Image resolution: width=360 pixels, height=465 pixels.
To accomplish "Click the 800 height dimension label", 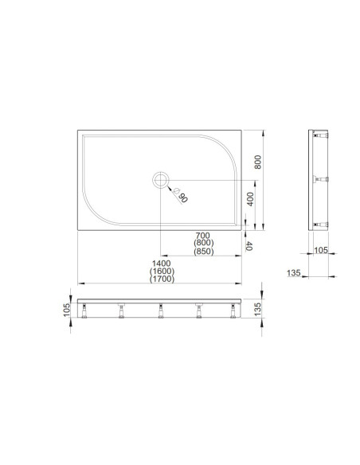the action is tap(258, 162).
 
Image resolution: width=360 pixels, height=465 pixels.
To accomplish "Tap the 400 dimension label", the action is tap(250, 199).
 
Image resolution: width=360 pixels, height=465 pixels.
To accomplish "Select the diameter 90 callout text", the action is tap(181, 194).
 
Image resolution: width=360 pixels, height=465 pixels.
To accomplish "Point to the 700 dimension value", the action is tap(203, 236).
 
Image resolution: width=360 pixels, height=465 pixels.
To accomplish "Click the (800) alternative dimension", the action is tap(203, 243).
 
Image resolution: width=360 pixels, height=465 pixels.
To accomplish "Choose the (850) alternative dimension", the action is tap(203, 252).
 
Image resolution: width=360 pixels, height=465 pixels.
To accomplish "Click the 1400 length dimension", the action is tap(162, 264).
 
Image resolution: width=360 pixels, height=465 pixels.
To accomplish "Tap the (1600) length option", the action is tap(162, 271).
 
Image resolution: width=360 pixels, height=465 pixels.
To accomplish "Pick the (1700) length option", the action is tap(162, 279).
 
